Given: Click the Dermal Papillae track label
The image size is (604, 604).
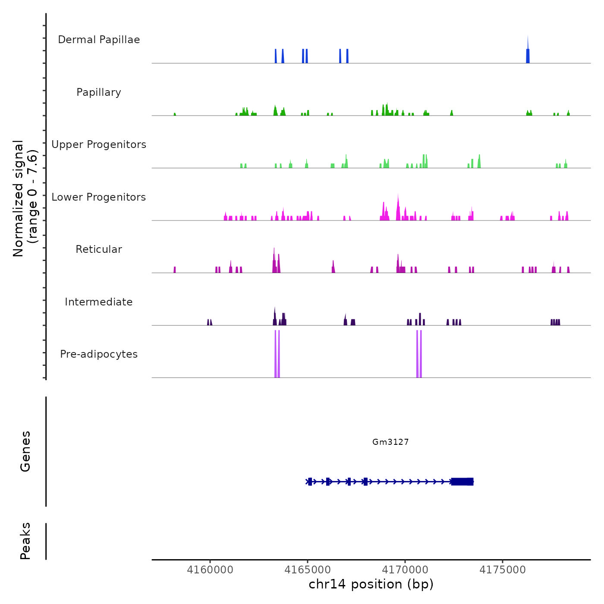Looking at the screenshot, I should coord(99,40).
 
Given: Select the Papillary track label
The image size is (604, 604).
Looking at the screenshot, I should coord(99,92).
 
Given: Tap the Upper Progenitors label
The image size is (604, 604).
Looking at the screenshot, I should coord(99,145).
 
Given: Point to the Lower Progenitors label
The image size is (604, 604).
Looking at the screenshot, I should coord(99,197).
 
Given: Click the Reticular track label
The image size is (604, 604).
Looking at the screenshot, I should coord(99,249).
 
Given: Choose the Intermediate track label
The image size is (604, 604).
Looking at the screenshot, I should coord(99,302).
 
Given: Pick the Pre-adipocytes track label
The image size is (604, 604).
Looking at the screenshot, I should coord(99,354).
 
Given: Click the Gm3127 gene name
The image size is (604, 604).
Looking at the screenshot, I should coord(390,442).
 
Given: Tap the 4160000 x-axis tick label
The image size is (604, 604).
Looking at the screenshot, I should coord(210,570).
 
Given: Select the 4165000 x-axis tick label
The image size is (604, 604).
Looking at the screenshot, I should coord(308,570).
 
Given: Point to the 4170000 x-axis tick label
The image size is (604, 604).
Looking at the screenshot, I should coord(405,570).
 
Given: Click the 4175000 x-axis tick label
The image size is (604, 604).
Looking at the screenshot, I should coord(503,570).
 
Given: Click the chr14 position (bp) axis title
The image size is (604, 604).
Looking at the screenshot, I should coord(371,584).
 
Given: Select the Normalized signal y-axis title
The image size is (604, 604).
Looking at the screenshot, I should coord(25,198).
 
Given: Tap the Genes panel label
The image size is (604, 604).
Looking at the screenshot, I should coord(25,451).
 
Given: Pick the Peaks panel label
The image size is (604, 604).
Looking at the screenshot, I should coord(25,541).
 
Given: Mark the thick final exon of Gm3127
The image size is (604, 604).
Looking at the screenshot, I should coord(462,481).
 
